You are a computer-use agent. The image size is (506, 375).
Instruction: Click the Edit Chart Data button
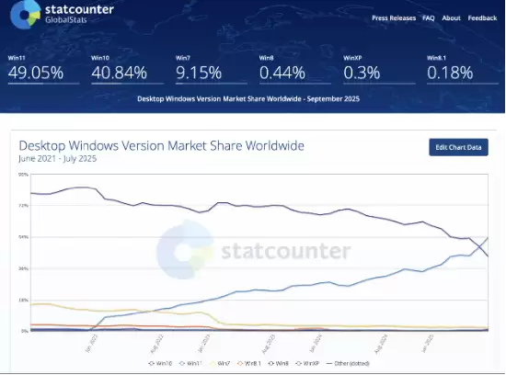(x=458, y=147)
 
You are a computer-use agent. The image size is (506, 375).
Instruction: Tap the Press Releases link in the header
(x=393, y=17)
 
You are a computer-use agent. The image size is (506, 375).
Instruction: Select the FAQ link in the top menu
(x=428, y=17)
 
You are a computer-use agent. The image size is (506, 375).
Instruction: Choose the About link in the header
(x=451, y=17)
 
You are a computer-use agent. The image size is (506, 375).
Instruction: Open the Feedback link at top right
(x=482, y=17)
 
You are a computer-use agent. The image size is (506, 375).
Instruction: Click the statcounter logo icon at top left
(x=23, y=15)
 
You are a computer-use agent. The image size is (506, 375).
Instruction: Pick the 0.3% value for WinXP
(x=359, y=73)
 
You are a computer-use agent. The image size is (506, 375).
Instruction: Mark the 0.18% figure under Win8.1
(x=449, y=73)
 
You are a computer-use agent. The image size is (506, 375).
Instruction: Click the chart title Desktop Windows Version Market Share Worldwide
(x=161, y=145)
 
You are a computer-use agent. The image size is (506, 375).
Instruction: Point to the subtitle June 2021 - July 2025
(x=57, y=159)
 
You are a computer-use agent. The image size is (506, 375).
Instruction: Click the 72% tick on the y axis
(x=24, y=206)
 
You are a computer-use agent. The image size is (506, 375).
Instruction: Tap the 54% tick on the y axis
(x=24, y=237)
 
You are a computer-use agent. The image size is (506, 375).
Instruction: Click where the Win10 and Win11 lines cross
(x=480, y=244)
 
